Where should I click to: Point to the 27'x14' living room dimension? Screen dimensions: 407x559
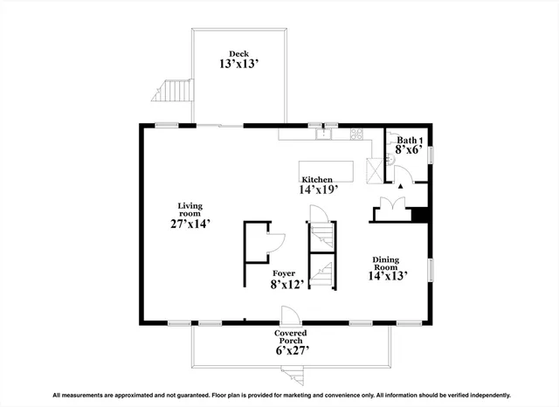tap(190, 224)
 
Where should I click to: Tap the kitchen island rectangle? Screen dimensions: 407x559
tap(328, 169)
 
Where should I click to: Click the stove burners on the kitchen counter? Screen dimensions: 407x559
tap(355, 135)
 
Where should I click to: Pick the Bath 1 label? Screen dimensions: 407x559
tap(410, 141)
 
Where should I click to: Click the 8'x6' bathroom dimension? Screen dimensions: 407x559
tap(410, 150)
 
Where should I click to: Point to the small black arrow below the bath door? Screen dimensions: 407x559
tap(400, 186)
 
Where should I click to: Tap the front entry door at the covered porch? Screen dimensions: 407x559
tap(286, 315)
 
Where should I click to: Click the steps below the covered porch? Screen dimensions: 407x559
tap(293, 376)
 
